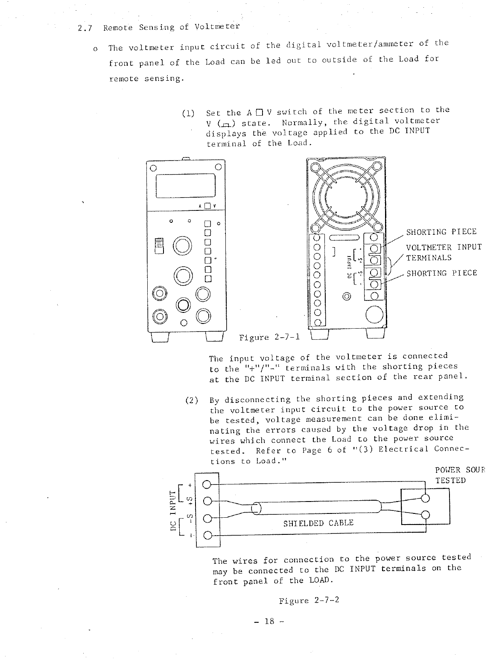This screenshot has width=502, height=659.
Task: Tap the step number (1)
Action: pos(188,114)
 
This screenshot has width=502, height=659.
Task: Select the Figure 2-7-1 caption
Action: pos(269,338)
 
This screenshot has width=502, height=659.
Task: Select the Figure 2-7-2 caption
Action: pos(309,601)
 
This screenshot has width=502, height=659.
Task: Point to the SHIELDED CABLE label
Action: pos(318,523)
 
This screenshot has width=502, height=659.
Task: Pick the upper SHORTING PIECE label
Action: pos(441,232)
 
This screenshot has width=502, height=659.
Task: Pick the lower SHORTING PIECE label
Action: pos(441,273)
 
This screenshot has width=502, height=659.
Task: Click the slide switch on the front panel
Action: pos(158,246)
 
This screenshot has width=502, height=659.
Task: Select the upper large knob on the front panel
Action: pos(182,247)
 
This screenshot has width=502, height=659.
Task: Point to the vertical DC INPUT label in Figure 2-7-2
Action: pos(173,510)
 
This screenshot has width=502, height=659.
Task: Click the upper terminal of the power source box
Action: pos(425,499)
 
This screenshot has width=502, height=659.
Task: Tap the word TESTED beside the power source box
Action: pos(450,481)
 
